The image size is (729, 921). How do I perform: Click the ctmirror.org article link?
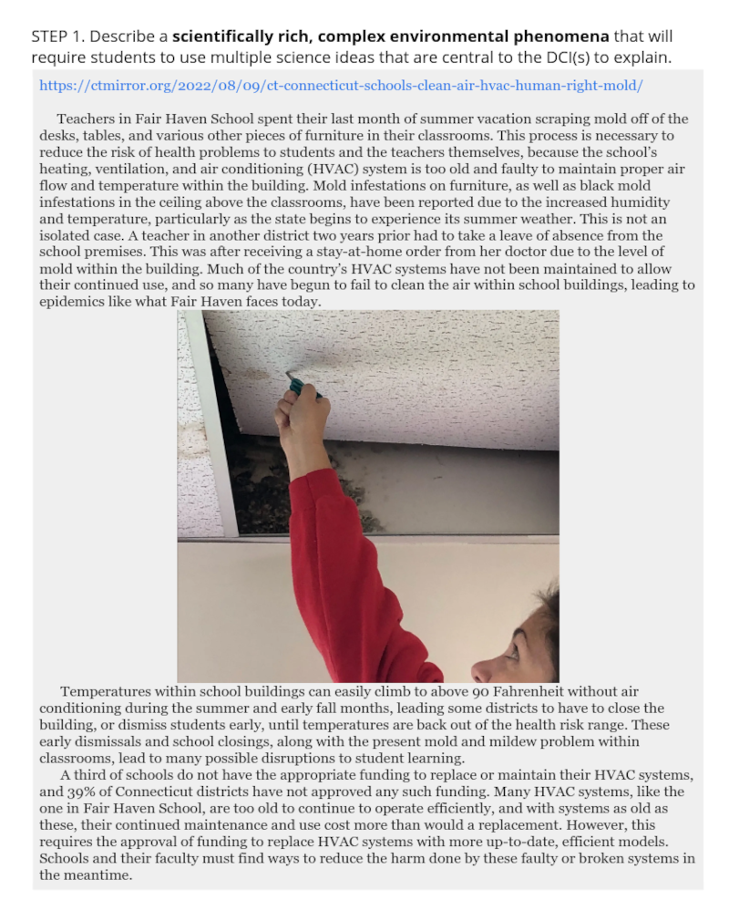[341, 86]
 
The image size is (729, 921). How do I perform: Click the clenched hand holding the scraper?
[303, 421]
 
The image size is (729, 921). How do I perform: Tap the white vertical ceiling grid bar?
[214, 419]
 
